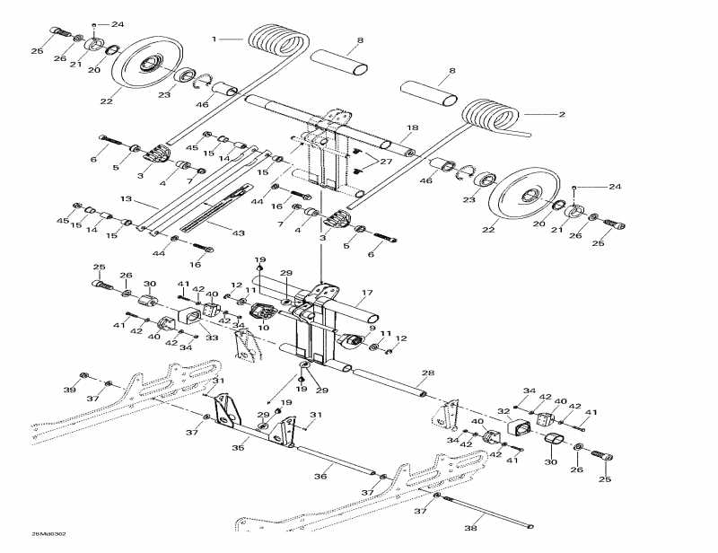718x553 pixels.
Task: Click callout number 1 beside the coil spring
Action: (x=214, y=39)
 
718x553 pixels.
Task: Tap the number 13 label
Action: (x=126, y=198)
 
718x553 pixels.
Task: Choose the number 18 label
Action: (x=413, y=127)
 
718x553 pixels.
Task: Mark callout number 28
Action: (x=428, y=373)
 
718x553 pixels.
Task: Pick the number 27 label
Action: (x=386, y=162)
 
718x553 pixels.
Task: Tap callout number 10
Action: (x=264, y=329)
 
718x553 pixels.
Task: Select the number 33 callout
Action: (x=212, y=338)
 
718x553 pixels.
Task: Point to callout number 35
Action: (x=239, y=446)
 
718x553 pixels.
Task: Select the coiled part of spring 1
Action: (x=276, y=42)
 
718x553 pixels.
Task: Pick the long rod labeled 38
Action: (x=489, y=515)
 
